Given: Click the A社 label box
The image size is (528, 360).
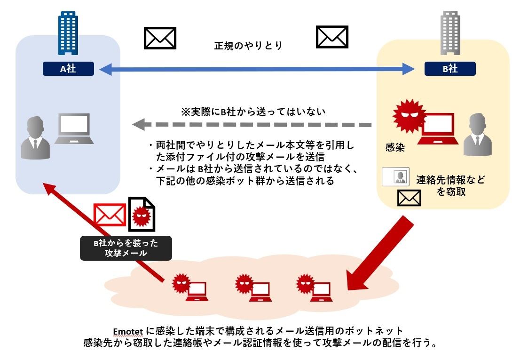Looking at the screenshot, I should tap(68, 69).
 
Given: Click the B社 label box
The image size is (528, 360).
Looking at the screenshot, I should tap(450, 69).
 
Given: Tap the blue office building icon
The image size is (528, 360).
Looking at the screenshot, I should tap(68, 33).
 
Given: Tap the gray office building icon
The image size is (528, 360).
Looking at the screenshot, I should tap(450, 33).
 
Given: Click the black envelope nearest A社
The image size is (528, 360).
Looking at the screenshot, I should tap(160, 38).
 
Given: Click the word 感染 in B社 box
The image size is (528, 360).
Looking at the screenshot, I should tap(395, 147).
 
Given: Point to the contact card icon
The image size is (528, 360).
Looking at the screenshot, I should tap(395, 176).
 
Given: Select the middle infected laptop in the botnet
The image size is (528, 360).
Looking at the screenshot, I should tap(254, 287).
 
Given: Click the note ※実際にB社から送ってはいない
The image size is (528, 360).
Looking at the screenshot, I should tap(253, 112).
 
